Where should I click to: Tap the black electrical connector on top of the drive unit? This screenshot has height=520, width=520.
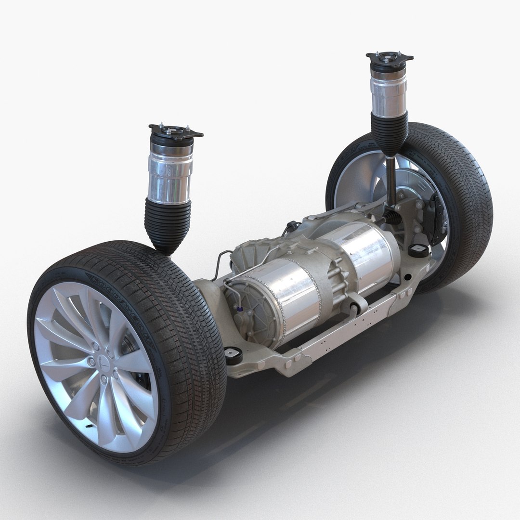[x=292, y=227]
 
